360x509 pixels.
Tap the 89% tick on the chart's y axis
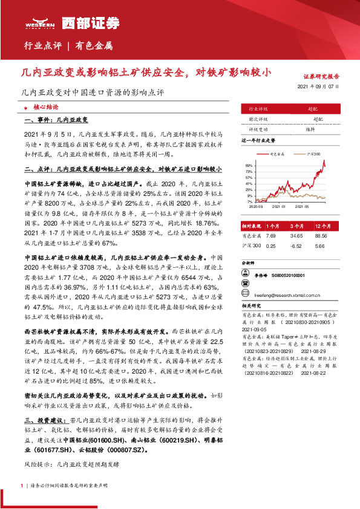(249, 164)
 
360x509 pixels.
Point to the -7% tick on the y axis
(249, 201)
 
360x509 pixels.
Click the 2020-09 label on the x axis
(256, 206)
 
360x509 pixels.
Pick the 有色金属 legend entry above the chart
(278, 155)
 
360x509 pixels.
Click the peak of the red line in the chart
(324, 161)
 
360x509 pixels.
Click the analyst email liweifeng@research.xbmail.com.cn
(287, 296)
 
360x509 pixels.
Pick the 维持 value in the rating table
(310, 129)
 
